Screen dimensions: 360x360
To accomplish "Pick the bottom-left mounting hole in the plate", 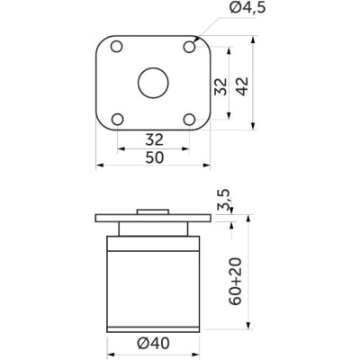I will (x=117, y=119).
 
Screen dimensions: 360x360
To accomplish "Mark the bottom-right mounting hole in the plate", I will (x=189, y=119).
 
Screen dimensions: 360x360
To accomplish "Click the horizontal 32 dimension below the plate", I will (x=153, y=139).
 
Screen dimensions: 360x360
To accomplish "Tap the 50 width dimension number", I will (x=153, y=157).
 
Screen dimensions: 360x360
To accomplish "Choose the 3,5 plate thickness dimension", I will (x=223, y=200).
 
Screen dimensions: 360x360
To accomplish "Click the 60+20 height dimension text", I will (x=235, y=280).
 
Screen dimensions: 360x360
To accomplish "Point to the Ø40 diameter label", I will (x=153, y=342).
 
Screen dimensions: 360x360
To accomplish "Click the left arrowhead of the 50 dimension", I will (x=99, y=166).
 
